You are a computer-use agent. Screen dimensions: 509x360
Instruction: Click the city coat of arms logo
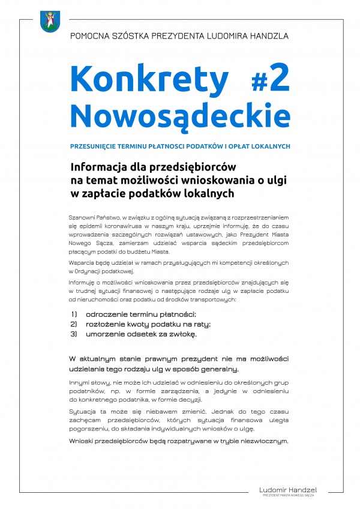[49, 22]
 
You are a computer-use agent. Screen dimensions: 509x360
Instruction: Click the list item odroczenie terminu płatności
[141, 314]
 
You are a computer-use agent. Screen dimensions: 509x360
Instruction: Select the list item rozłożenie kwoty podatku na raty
[145, 324]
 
